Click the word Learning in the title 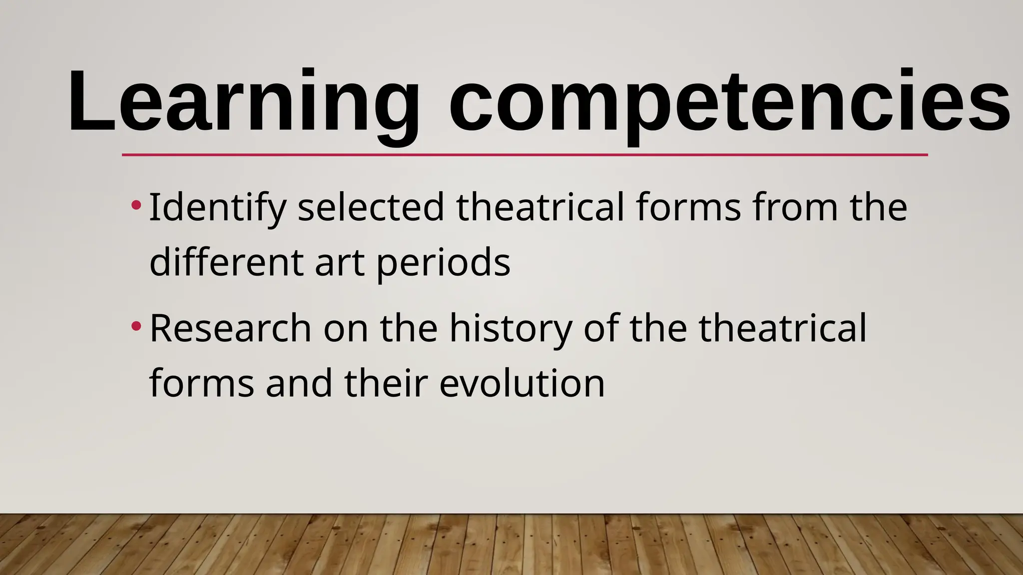[244, 102]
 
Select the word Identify [218, 208]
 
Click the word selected [371, 208]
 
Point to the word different [226, 263]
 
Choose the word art [339, 263]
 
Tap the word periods [443, 264]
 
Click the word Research [230, 328]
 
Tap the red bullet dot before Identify [135, 205]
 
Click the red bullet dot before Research [135, 326]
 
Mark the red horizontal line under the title [524, 155]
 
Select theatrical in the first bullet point [540, 208]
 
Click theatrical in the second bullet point [782, 328]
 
